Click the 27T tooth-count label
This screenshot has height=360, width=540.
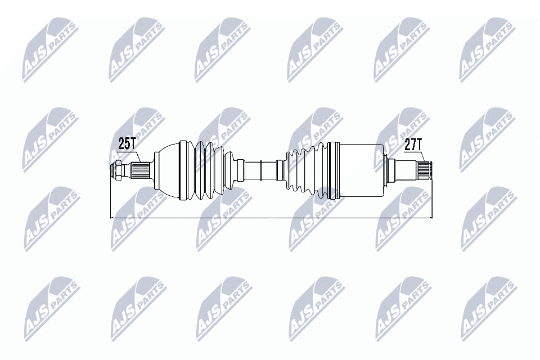pos(413,144)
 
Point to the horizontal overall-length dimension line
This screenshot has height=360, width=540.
pos(270,218)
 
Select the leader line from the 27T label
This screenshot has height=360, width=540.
pos(422,156)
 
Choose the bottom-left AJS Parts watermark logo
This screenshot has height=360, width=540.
pos(51,307)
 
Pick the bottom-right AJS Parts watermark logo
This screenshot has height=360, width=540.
pos(488,307)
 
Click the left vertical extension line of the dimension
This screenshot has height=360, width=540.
pos(112,200)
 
